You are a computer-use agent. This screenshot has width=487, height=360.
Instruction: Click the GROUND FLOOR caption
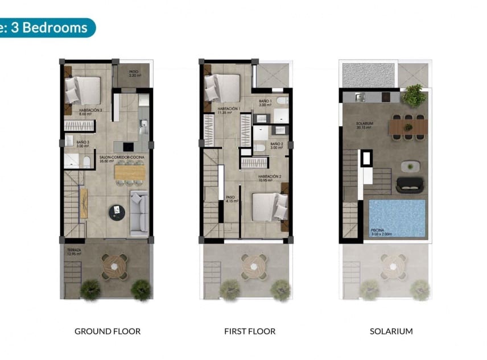(108, 331)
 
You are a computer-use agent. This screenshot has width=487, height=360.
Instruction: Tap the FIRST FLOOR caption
(249, 331)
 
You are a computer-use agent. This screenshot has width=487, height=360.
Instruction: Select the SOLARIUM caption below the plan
(391, 331)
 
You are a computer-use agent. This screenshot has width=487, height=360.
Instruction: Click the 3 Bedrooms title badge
(46, 27)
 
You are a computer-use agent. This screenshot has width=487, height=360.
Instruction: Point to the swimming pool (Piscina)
(397, 218)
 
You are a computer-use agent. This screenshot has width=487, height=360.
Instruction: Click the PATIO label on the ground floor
(134, 72)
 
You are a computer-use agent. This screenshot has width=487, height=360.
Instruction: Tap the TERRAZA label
(74, 250)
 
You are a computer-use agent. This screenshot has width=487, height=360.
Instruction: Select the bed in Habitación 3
(84, 90)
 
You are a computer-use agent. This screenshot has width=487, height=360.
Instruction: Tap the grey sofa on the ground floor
(139, 213)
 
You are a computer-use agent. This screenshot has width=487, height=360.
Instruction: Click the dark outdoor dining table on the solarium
(407, 126)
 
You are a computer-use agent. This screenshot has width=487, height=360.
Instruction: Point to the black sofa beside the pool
(410, 184)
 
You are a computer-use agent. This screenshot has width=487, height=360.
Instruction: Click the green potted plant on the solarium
(414, 96)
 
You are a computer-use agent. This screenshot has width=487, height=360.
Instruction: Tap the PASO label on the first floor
(230, 197)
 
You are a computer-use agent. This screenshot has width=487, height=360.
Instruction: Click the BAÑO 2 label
(276, 144)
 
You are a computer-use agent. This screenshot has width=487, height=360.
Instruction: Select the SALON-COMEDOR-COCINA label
(121, 157)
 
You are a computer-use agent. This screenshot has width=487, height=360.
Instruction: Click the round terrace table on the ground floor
(115, 265)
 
